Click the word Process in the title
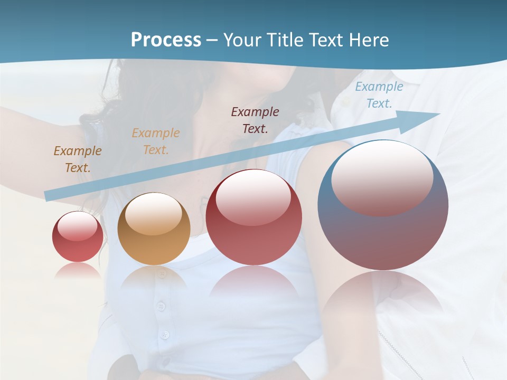click(x=166, y=40)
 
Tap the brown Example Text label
click(x=78, y=159)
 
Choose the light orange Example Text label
click(x=156, y=141)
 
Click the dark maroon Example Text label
click(x=255, y=120)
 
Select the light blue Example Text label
click(x=379, y=95)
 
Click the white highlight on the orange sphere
click(x=154, y=214)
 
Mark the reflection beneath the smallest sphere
click(x=78, y=270)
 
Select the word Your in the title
click(x=241, y=40)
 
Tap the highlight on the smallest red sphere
click(x=78, y=226)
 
